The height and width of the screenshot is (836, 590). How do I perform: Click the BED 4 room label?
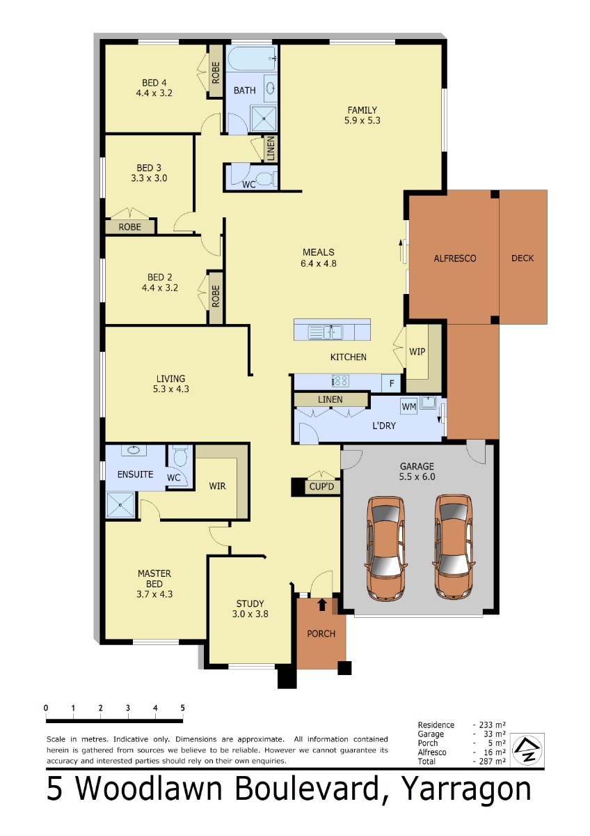pyautogui.click(x=154, y=88)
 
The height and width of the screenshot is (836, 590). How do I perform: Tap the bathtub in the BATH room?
pyautogui.click(x=252, y=59)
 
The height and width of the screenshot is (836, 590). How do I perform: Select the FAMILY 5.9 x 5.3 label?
pyautogui.click(x=362, y=115)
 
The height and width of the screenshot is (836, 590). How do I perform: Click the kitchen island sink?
pyautogui.click(x=326, y=332)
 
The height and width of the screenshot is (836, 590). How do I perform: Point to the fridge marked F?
pyautogui.click(x=391, y=383)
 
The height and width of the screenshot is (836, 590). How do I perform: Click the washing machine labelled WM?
pyautogui.click(x=409, y=406)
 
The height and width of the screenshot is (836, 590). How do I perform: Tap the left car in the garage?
pyautogui.click(x=385, y=548)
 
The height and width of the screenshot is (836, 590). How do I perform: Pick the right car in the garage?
pyautogui.click(x=454, y=547)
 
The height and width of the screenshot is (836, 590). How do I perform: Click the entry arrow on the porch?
pyautogui.click(x=322, y=605)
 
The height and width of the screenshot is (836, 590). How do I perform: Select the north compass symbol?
pyautogui.click(x=527, y=750)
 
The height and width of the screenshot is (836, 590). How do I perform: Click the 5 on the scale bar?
pyautogui.click(x=182, y=708)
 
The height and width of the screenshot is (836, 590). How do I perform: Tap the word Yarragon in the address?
pyautogui.click(x=468, y=790)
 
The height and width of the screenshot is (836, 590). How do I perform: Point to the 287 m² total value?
pyautogui.click(x=492, y=761)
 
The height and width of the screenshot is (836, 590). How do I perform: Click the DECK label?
pyautogui.click(x=523, y=258)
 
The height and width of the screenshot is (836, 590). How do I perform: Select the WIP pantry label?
pyautogui.click(x=417, y=352)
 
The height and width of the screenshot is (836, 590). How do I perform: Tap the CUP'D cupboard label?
pyautogui.click(x=321, y=487)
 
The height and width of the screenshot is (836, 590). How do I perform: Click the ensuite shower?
pyautogui.click(x=120, y=504)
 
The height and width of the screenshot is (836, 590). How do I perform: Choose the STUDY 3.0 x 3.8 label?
pyautogui.click(x=250, y=609)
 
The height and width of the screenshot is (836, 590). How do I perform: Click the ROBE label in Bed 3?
pyautogui.click(x=129, y=227)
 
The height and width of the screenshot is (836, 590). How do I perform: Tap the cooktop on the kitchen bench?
pyautogui.click(x=340, y=381)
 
